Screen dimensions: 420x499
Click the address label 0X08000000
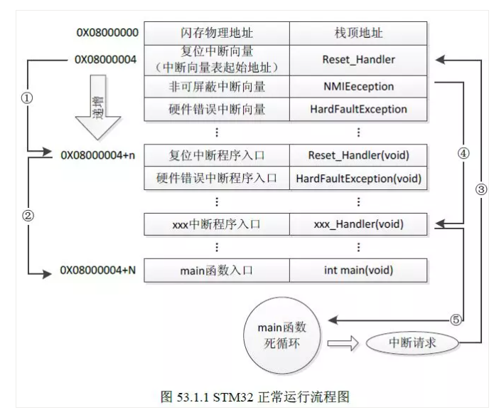pos(107,33)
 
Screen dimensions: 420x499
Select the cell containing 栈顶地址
pos(358,33)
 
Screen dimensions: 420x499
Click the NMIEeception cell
pos(358,86)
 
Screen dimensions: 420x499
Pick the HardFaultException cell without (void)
pos(358,110)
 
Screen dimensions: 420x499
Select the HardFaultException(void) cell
pos(358,178)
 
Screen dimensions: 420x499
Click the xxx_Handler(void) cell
pos(358,224)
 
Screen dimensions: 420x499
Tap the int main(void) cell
pos(358,271)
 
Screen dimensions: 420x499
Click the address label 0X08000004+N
pos(100,271)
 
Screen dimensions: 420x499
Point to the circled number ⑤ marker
pos(456,320)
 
